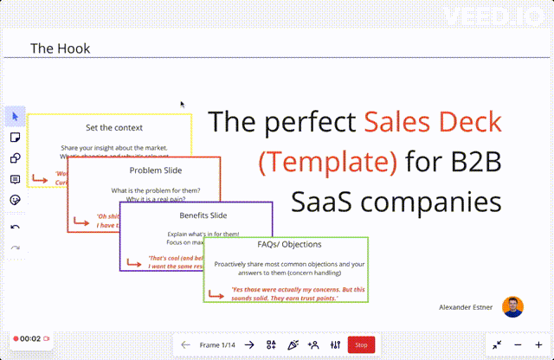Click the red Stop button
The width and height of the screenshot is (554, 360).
[361, 344]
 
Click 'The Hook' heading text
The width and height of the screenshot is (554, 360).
[54, 48]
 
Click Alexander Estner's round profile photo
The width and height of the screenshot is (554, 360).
[513, 306]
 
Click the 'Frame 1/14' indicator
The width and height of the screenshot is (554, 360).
[217, 344]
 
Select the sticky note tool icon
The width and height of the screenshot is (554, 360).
[15, 138]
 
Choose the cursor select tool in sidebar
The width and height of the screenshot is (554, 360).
[15, 117]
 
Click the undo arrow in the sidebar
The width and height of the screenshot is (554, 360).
[15, 227]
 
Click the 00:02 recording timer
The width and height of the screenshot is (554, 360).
[30, 338]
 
